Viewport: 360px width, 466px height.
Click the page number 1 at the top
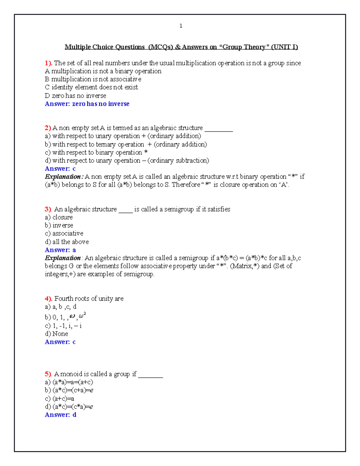(x=181, y=26)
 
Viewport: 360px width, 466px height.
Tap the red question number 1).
(x=48, y=63)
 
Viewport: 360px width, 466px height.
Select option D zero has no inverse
(x=75, y=96)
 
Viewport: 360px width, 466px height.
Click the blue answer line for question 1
(x=87, y=104)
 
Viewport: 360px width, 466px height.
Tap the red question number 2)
(x=48, y=128)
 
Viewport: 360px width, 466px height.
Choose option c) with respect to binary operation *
(x=96, y=152)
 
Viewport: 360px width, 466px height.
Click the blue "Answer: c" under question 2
(x=60, y=169)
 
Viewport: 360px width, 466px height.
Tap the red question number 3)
(x=48, y=209)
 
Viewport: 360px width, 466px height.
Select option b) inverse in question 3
(x=59, y=225)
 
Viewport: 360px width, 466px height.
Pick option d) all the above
(x=67, y=242)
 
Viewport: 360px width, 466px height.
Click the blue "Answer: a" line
(x=60, y=250)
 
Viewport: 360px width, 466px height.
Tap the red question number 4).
(x=48, y=299)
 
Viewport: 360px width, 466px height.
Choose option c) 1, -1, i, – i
(x=63, y=326)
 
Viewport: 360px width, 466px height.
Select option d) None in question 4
(x=56, y=334)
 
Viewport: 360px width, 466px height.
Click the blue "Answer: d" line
(x=60, y=415)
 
